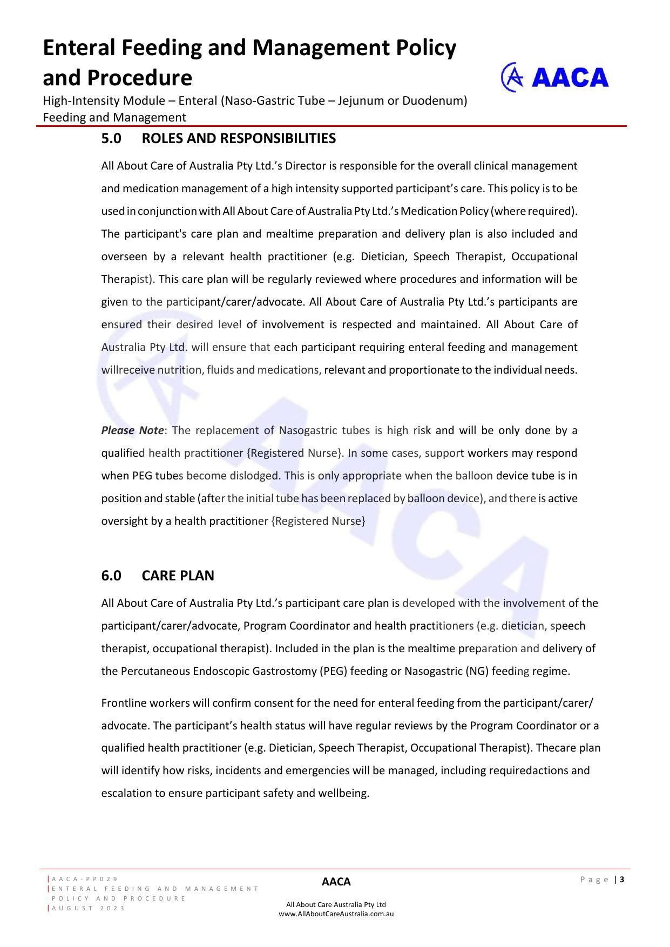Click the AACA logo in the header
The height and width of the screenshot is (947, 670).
554,78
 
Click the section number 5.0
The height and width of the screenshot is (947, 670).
111,139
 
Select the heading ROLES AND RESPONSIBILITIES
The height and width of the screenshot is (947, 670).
238,139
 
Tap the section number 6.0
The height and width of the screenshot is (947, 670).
111,576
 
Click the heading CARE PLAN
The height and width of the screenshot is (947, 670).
178,576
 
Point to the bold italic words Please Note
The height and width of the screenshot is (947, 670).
132,430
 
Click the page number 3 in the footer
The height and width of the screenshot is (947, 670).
622,880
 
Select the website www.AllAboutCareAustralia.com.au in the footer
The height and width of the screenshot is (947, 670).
336,914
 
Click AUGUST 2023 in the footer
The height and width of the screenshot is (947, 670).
89,908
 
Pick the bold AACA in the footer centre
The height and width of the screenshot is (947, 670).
336,882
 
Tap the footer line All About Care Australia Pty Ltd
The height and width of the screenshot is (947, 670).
336,904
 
